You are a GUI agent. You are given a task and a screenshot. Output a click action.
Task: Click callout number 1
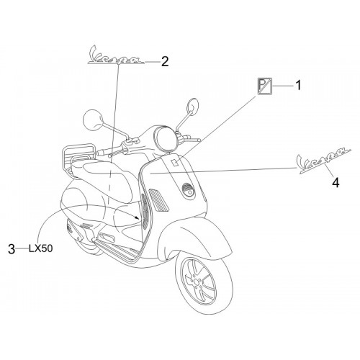point(298,86)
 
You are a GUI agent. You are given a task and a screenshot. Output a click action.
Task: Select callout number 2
point(165,61)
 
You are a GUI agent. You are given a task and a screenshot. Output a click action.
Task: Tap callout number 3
point(12,248)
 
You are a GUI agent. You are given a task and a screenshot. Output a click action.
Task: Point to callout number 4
point(336,182)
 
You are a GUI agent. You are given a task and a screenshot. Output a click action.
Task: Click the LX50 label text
point(40,248)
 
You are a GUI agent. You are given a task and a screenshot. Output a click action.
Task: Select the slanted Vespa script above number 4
point(324,160)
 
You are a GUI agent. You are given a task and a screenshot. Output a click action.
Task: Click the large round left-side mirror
point(93,120)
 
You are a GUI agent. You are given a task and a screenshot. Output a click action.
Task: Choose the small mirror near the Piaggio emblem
point(193,104)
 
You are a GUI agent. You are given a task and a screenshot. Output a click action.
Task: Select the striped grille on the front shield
point(159,199)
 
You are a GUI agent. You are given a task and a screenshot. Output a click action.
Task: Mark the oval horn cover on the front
point(189,189)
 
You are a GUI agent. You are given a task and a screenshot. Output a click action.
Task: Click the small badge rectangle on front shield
point(174,163)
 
